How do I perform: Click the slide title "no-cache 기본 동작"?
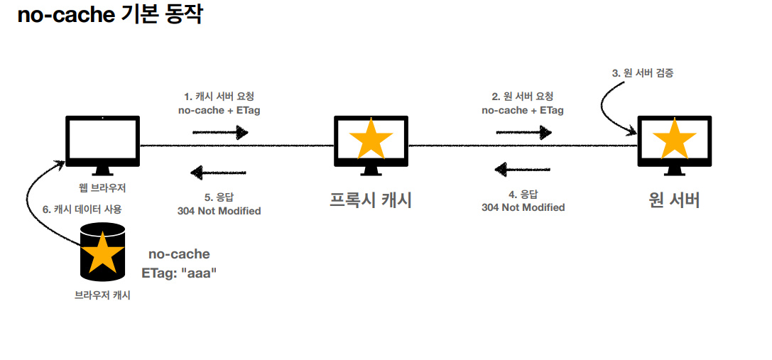(x=110, y=15)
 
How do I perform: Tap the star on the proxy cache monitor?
(x=371, y=140)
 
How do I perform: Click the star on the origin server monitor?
(x=674, y=140)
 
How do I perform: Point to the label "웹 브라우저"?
(x=103, y=188)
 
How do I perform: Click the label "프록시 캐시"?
(x=371, y=200)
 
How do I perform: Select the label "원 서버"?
(x=674, y=200)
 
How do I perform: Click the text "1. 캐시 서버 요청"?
(x=219, y=97)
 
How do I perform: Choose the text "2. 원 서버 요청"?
(x=523, y=97)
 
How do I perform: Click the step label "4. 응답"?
(x=523, y=194)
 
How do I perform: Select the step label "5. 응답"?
(x=219, y=197)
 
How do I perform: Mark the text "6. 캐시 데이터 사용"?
(x=82, y=209)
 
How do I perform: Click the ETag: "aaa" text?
(x=179, y=271)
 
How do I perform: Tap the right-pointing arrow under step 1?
(x=219, y=132)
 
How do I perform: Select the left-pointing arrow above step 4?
(x=522, y=169)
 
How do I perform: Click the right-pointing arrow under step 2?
(x=523, y=132)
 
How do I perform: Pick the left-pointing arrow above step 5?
(x=218, y=173)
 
